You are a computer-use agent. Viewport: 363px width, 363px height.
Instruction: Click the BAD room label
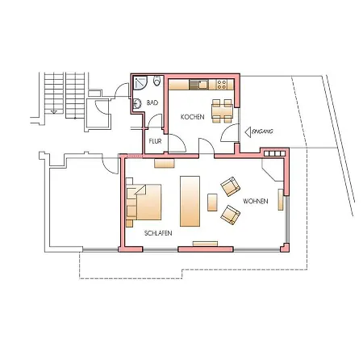[x=152, y=102]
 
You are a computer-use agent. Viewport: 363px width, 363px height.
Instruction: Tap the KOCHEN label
[x=193, y=117]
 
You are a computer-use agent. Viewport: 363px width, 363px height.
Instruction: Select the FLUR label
[x=155, y=141]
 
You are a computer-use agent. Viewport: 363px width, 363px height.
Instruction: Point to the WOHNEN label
[x=256, y=201]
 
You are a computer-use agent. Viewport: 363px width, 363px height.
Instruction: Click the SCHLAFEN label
[x=158, y=233]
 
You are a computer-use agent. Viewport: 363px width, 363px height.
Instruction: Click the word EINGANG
[x=263, y=131]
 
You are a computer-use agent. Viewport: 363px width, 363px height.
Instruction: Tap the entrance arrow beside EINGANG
[x=248, y=132]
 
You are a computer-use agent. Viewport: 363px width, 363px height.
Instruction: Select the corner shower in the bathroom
[x=140, y=83]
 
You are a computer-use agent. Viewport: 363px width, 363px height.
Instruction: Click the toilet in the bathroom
[x=157, y=81]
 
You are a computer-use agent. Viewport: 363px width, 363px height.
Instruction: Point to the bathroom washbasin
[x=137, y=103]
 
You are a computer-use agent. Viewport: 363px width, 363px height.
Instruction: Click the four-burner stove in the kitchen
[x=221, y=85]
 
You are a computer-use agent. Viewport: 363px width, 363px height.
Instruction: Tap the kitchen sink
[x=202, y=85]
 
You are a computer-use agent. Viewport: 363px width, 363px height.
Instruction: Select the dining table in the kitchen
[x=222, y=111]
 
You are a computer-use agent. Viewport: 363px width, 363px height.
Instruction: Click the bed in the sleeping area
[x=144, y=202]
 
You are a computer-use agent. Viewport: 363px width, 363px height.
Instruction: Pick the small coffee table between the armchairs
[x=212, y=202]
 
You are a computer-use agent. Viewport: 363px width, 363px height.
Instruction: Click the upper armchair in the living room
[x=230, y=186]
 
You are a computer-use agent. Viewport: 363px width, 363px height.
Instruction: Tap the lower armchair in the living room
[x=231, y=215]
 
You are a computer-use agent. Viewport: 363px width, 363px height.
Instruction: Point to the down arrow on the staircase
[x=54, y=111]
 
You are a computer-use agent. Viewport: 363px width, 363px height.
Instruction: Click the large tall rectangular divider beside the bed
[x=190, y=201]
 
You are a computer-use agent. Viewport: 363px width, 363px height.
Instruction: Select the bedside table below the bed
[x=129, y=223]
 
